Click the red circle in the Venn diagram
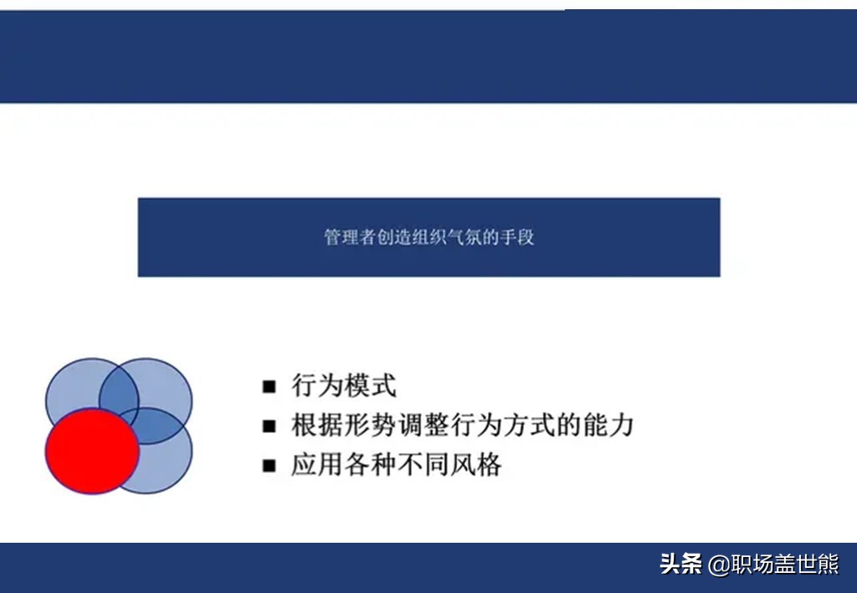pyautogui.click(x=92, y=451)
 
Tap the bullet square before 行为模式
pyautogui.click(x=269, y=387)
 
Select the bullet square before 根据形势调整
pyautogui.click(x=269, y=426)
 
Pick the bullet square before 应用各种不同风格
pyautogui.click(x=269, y=466)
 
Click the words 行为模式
pyautogui.click(x=344, y=385)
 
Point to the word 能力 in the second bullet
pyautogui.click(x=608, y=425)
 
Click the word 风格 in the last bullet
pyautogui.click(x=475, y=465)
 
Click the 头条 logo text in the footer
pyautogui.click(x=680, y=564)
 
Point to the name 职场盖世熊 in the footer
pyautogui.click(x=784, y=564)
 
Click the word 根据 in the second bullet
pyautogui.click(x=317, y=425)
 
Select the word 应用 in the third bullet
pyautogui.click(x=317, y=465)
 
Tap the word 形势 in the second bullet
pyautogui.click(x=370, y=425)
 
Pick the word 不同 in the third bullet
pyautogui.click(x=423, y=465)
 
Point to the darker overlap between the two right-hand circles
pyautogui.click(x=156, y=425)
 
